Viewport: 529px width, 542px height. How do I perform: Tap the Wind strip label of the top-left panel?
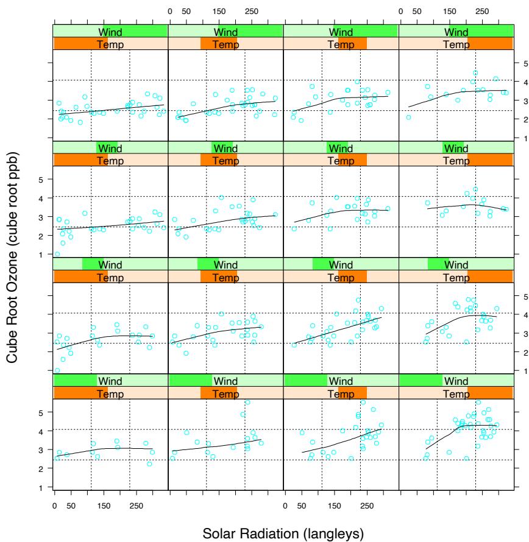coord(110,30)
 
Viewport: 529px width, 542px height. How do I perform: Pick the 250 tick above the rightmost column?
coord(481,12)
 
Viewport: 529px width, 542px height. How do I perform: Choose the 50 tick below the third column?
coord(301,505)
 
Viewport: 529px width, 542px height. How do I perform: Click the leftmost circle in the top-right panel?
coord(408,117)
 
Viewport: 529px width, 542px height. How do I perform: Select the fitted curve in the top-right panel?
coord(463,91)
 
